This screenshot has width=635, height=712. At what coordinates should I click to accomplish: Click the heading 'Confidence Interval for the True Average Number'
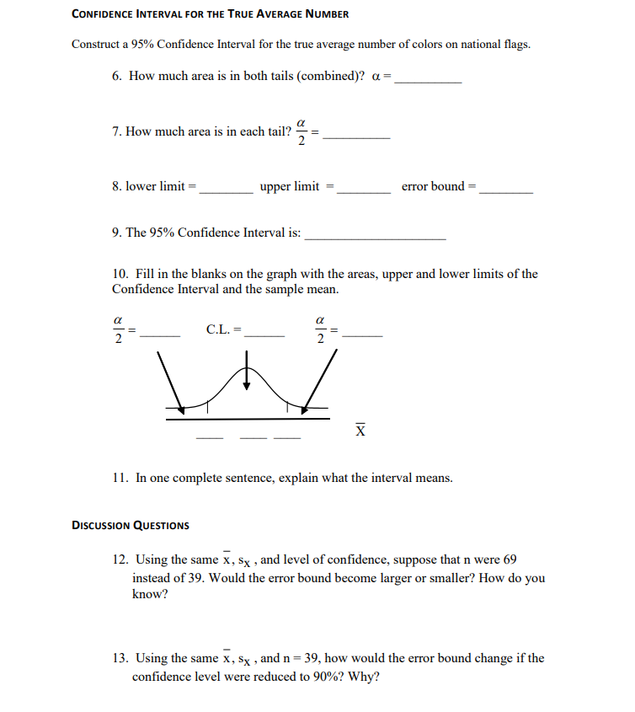[x=210, y=14]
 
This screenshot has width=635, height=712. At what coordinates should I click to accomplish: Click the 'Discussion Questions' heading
[x=131, y=525]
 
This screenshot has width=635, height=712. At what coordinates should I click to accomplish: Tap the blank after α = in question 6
[x=428, y=80]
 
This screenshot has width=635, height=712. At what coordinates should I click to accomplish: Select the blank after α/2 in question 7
[x=356, y=136]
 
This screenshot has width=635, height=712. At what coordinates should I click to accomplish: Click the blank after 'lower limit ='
[x=226, y=191]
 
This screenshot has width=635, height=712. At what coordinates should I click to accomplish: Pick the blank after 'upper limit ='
[x=363, y=191]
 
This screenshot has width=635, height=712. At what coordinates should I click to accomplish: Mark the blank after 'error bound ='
[x=505, y=191]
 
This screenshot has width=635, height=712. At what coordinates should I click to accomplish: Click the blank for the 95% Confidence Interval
[x=375, y=238]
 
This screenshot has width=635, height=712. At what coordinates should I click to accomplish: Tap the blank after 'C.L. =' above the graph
[x=264, y=335]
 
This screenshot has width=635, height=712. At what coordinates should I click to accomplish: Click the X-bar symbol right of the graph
[x=360, y=430]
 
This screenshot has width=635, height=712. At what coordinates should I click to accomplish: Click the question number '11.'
[x=120, y=478]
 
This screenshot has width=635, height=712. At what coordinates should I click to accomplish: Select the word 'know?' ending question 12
[x=150, y=595]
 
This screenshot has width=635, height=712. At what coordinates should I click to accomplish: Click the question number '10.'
[x=120, y=274]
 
